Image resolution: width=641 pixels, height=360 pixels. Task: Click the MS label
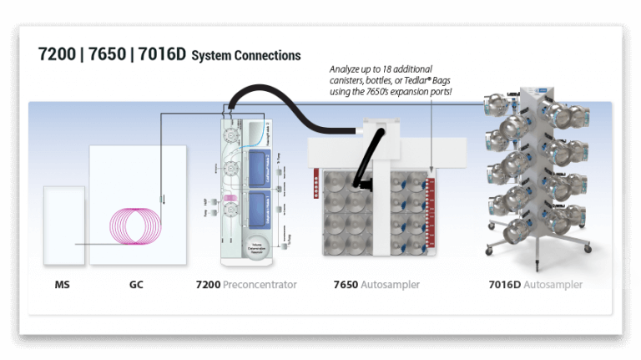62,285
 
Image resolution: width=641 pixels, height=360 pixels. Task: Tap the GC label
136,285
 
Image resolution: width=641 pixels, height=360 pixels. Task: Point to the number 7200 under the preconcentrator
208,285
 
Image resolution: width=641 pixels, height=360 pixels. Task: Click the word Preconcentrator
260,285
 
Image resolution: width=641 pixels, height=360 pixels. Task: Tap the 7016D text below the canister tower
505,285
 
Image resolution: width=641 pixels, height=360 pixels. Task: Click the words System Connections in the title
246,57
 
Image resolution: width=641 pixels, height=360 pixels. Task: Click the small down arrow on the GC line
164,200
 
